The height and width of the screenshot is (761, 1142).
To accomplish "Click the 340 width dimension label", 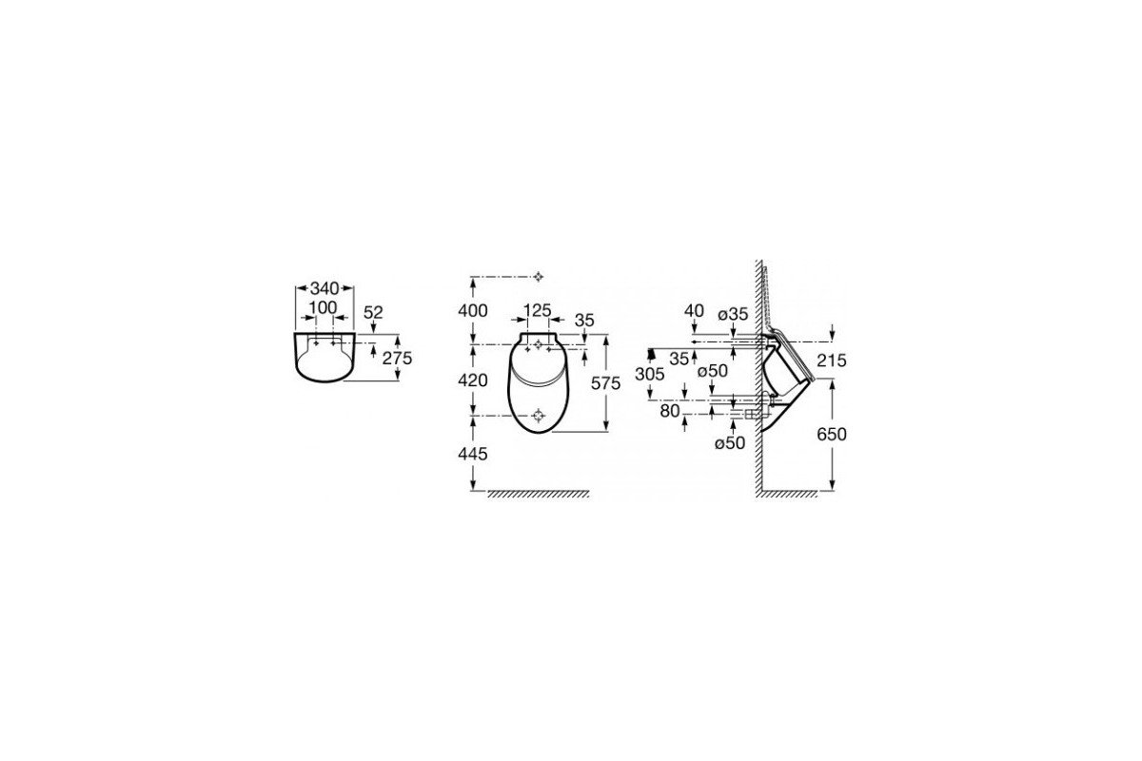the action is tap(325, 288).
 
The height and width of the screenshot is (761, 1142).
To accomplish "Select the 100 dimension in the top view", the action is tap(324, 308).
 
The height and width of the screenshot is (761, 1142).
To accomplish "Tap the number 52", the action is tap(373, 312).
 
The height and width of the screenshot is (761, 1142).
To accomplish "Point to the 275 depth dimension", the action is tap(397, 359).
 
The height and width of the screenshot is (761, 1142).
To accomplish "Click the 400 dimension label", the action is tap(473, 310).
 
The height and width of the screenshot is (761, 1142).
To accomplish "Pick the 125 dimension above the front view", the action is tap(538, 310).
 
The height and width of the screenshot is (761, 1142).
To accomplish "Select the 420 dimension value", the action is tap(473, 380).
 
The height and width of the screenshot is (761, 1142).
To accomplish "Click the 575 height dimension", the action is tap(605, 382).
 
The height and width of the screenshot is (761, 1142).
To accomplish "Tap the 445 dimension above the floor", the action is tap(473, 454).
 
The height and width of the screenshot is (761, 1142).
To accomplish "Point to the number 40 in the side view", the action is tap(694, 310).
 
